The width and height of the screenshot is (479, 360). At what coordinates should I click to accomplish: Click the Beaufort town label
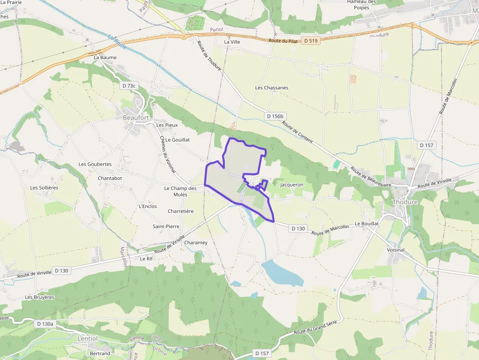point(136,117)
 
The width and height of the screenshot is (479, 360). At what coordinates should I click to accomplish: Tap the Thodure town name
point(405,202)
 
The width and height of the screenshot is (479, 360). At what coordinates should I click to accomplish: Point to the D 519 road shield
point(310,41)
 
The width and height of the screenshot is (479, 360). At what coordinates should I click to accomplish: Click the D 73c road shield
point(129,85)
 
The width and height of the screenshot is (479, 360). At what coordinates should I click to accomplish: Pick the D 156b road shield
point(275,116)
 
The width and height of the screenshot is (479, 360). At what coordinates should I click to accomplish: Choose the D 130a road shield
point(44,323)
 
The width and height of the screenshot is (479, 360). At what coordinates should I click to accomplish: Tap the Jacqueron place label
point(292,185)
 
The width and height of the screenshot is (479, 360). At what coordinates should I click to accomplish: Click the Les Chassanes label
point(272,88)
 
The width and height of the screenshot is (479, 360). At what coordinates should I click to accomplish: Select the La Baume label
point(105,57)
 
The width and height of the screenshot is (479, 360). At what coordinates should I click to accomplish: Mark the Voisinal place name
point(395,250)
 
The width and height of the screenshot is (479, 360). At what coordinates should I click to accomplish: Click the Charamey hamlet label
point(196,242)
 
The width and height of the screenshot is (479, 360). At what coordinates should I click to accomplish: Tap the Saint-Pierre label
point(166,227)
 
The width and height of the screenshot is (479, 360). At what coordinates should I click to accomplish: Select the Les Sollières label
point(44,188)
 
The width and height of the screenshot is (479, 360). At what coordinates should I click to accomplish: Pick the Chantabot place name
point(110,178)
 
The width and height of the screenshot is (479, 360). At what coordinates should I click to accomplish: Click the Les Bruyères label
point(40,297)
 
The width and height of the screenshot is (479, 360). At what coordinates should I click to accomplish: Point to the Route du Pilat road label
point(283,41)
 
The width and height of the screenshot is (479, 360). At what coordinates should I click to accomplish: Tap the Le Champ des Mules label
point(180,191)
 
